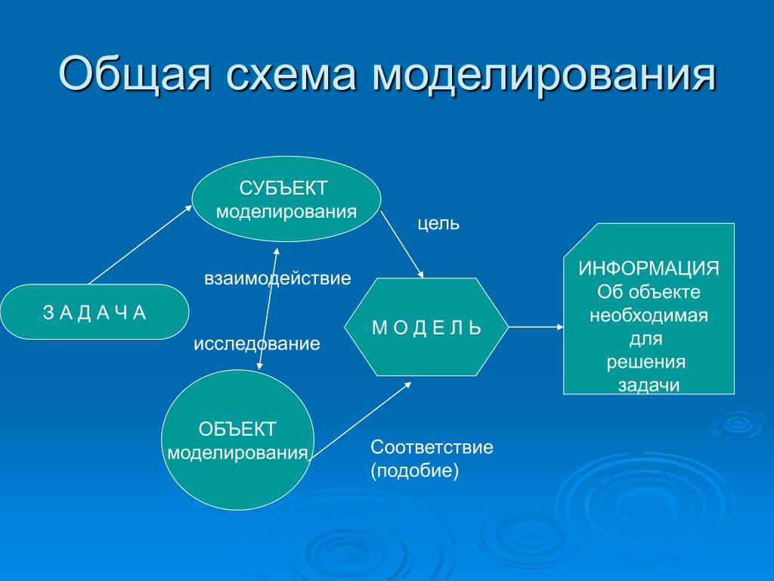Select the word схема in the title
tap(291, 74)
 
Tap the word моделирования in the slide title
tap(543, 75)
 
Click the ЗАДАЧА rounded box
tap(94, 312)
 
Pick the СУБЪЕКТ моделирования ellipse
tap(286, 199)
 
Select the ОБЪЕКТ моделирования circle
tap(237, 440)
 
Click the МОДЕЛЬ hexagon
tap(426, 327)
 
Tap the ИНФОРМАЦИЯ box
tap(649, 309)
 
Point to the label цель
tap(438, 224)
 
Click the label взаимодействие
tap(277, 278)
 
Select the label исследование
tap(257, 343)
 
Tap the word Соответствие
tap(432, 447)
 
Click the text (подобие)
tap(415, 471)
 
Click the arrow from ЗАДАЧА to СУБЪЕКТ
tap(140, 245)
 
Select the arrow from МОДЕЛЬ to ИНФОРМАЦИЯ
tap(536, 327)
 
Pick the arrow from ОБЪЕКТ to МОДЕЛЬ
tap(361, 421)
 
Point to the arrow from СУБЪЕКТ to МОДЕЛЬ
tap(402, 244)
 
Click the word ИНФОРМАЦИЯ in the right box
tap(649, 269)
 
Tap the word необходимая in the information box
tap(649, 315)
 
